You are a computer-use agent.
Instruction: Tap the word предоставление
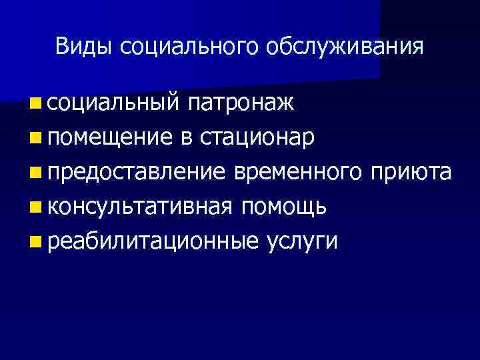coord(137,172)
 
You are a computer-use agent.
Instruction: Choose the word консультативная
coord(141,207)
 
